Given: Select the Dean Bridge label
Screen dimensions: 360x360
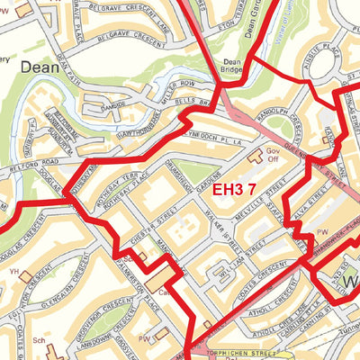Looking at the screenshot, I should [x=233, y=68].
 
